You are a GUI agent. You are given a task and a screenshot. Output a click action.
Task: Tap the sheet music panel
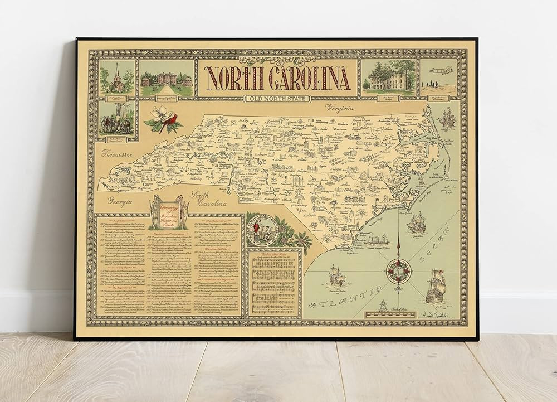pos(273,285)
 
